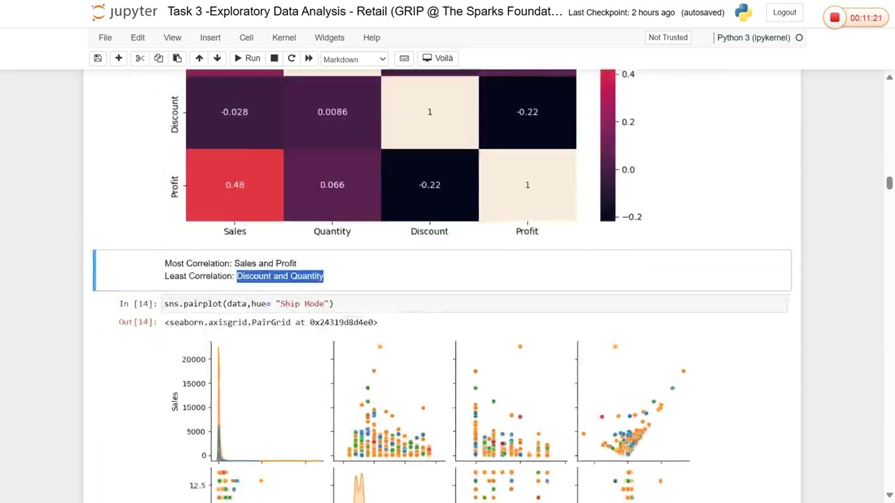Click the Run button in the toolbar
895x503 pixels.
click(x=247, y=59)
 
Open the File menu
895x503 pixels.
click(x=105, y=38)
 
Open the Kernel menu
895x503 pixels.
click(x=284, y=38)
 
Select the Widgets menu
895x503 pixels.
click(x=329, y=38)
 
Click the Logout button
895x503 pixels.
click(x=785, y=13)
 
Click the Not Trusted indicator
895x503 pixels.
click(x=668, y=38)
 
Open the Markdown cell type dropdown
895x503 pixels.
click(x=354, y=59)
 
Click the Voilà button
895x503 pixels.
click(x=438, y=59)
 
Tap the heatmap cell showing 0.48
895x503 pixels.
click(x=234, y=185)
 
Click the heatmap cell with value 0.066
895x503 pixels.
click(x=332, y=185)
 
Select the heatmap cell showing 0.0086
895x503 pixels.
click(x=332, y=112)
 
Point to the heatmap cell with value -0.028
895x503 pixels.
click(x=234, y=112)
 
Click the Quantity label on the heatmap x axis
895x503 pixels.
click(x=332, y=231)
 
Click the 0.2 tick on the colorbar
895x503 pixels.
click(x=628, y=122)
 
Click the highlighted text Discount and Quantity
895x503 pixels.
click(x=280, y=276)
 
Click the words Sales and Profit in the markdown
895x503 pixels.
click(x=265, y=263)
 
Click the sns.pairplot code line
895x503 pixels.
click(x=248, y=304)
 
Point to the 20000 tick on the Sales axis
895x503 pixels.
click(x=194, y=359)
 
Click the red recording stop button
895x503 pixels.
click(x=834, y=18)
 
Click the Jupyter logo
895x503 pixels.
click(x=124, y=13)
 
